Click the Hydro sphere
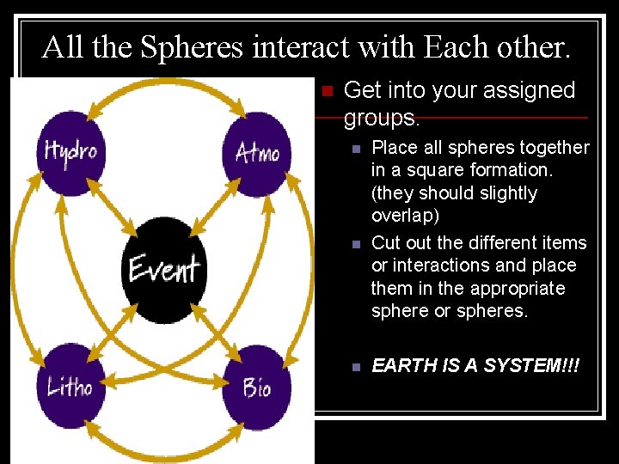point(70,153)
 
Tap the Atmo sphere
point(257,153)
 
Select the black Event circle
point(163,269)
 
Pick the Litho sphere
point(70,387)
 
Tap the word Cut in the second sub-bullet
point(386,243)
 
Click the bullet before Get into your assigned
point(325,90)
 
